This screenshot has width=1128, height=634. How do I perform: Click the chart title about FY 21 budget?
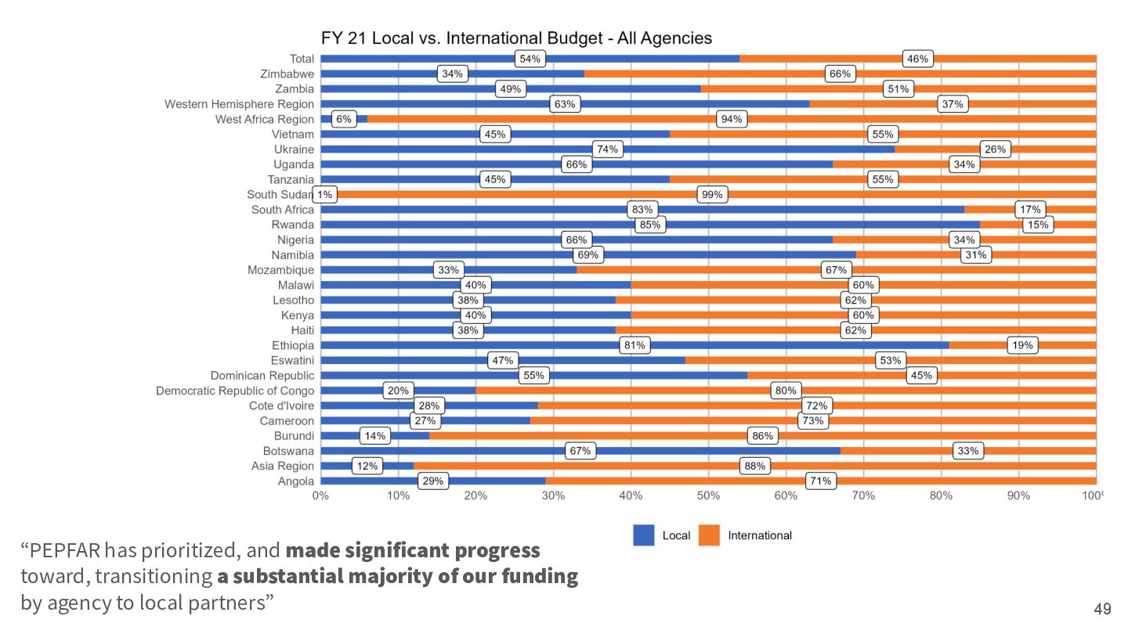tap(516, 38)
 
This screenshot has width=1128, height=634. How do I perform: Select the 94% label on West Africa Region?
tap(732, 119)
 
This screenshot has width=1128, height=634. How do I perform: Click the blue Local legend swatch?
tap(643, 535)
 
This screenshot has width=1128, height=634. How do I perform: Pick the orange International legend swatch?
tap(709, 535)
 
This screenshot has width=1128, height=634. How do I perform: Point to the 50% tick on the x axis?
tap(708, 495)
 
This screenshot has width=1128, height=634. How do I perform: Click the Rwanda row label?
tap(293, 225)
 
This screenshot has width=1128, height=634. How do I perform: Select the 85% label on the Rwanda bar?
tap(650, 225)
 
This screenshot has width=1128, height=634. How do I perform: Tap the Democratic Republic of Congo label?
tap(235, 391)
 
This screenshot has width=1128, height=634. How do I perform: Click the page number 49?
tap(1103, 608)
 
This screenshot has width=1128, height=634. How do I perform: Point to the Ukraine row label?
tap(294, 149)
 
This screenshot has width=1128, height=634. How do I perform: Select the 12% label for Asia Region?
tap(367, 466)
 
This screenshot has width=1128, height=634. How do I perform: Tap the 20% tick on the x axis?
tap(475, 495)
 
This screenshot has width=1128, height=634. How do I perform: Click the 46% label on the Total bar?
tap(917, 59)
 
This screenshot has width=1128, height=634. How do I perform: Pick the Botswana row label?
tap(288, 451)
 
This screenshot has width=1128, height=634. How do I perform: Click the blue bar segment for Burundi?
tap(375, 435)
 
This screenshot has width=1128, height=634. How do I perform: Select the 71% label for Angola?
tap(820, 481)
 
